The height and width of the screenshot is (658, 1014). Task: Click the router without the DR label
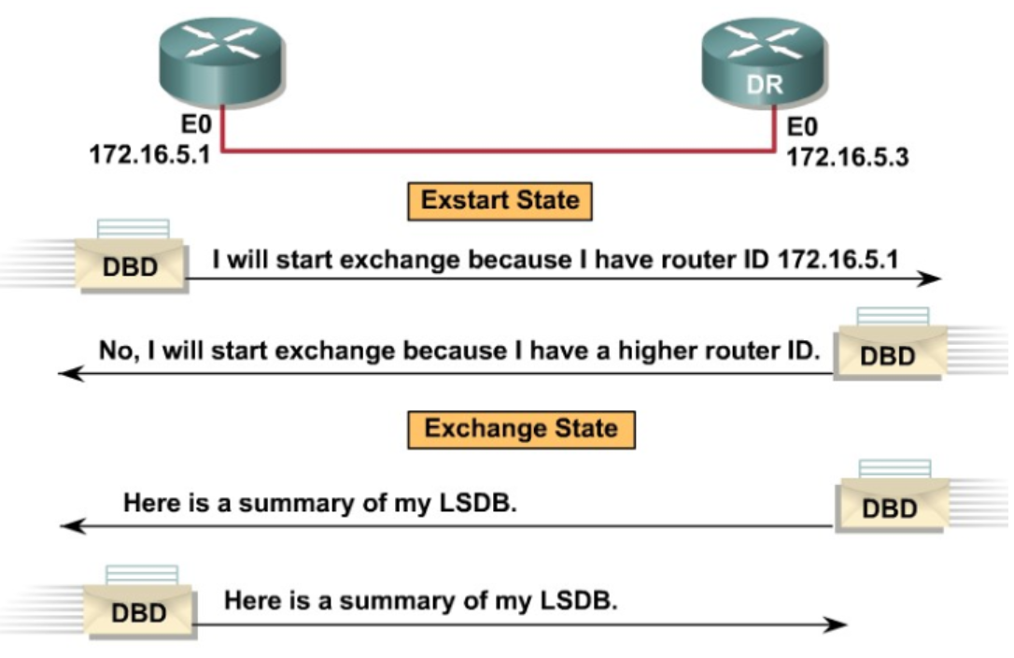(220, 62)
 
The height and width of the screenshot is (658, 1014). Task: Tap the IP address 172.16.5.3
(847, 157)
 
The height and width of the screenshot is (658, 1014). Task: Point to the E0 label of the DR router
(802, 127)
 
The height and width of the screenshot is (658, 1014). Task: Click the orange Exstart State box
(500, 201)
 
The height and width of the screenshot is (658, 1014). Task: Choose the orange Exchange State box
(521, 429)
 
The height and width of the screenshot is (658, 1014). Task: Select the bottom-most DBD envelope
(139, 610)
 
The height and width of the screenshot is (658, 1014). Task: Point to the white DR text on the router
(764, 85)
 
